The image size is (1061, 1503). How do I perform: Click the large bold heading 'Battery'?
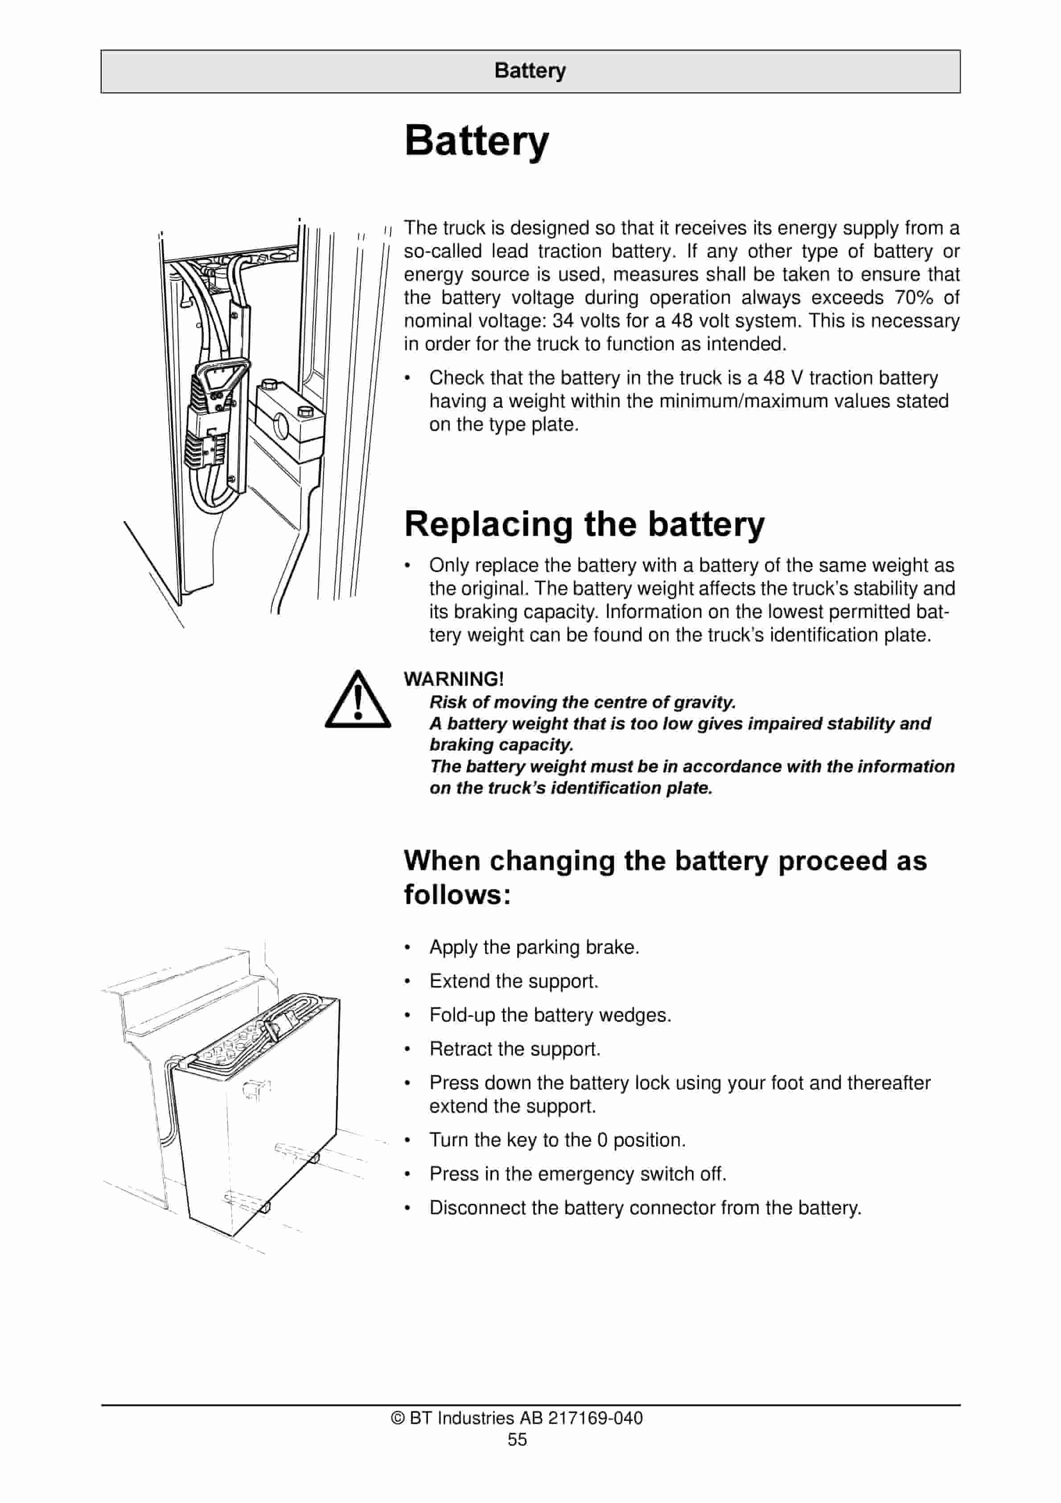477,141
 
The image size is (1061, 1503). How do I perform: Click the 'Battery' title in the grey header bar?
530,71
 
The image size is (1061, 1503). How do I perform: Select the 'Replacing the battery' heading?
584,524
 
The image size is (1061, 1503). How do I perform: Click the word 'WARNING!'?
453,679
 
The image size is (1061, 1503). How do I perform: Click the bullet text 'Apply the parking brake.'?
534,947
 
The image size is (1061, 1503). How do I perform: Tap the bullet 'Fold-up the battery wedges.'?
550,1015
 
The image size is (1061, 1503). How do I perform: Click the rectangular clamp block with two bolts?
288,417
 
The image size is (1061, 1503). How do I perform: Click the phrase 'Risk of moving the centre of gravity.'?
582,702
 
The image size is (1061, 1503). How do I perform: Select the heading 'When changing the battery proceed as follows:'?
665,877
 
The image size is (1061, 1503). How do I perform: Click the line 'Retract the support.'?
514,1049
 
